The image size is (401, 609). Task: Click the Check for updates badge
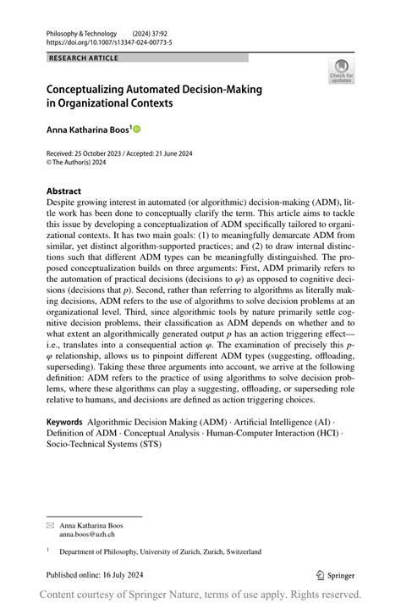coord(342,70)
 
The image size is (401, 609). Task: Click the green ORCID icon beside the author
coord(136,130)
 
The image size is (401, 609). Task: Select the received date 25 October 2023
coord(106,153)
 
